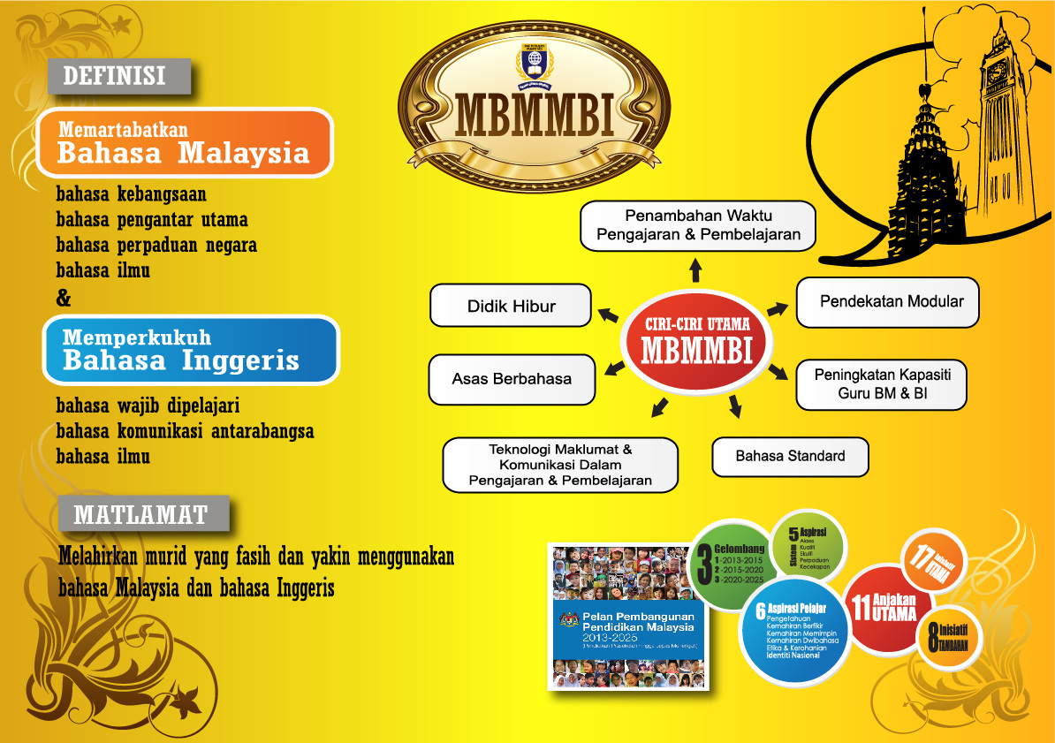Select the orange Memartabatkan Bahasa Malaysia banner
[x=184, y=142]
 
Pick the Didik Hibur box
[x=511, y=307]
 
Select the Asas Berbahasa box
[x=511, y=379]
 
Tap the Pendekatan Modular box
[x=892, y=301]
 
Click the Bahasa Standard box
[x=791, y=457]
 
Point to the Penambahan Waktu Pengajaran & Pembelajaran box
[x=698, y=225]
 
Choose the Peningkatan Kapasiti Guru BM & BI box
[x=881, y=383]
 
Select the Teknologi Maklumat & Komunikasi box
[x=560, y=465]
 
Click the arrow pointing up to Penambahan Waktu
[x=695, y=269]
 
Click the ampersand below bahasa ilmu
[x=64, y=299]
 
